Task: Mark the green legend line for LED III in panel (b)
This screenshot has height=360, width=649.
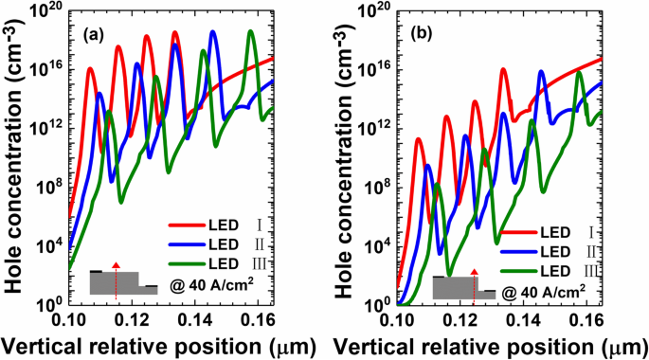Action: (x=516, y=271)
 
